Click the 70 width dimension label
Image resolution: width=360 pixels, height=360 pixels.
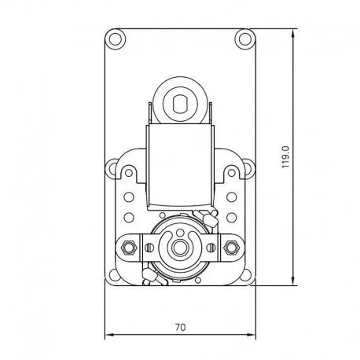[x=180, y=327]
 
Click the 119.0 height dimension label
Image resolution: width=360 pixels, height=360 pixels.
[x=285, y=157]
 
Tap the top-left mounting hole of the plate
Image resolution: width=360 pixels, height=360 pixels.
[x=116, y=39]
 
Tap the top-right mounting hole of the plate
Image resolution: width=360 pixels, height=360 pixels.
[x=245, y=39]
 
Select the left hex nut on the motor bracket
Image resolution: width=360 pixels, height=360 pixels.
[x=129, y=247]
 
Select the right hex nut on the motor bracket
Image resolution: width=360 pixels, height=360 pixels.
[x=231, y=247]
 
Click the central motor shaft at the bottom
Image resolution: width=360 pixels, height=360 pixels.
[x=179, y=247]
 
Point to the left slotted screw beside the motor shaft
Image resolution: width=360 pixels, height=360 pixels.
[x=149, y=247]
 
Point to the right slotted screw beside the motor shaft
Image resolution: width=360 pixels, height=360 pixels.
[x=211, y=247]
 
